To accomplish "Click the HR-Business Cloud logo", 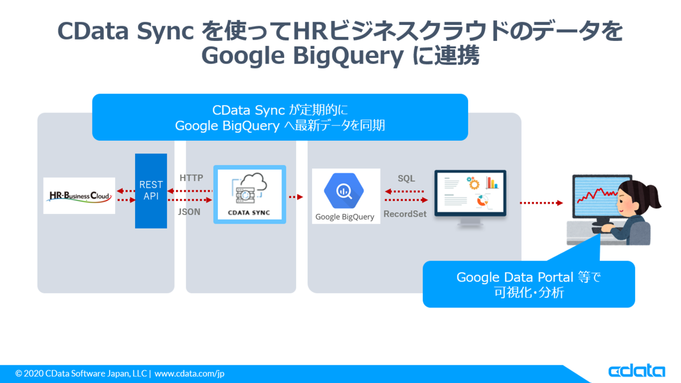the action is pyautogui.click(x=79, y=196).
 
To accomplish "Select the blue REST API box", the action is pyautogui.click(x=151, y=191).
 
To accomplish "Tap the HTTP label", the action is pyautogui.click(x=191, y=178).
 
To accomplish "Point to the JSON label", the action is pyautogui.click(x=189, y=212).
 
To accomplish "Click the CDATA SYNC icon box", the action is pyautogui.click(x=250, y=195).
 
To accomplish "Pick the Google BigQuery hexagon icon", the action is pyautogui.click(x=344, y=191).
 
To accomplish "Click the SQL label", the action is pyautogui.click(x=406, y=178).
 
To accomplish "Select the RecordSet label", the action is pyautogui.click(x=405, y=214).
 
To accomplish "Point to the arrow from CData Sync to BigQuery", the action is pyautogui.click(x=296, y=197).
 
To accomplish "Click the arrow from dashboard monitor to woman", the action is pyautogui.click(x=541, y=203).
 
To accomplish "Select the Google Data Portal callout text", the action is pyautogui.click(x=529, y=285).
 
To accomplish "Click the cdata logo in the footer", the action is pyautogui.click(x=637, y=371).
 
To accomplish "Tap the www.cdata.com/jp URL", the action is pyautogui.click(x=190, y=373).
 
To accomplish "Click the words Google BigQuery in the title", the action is pyautogui.click(x=302, y=56).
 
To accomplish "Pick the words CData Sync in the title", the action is pyautogui.click(x=125, y=32).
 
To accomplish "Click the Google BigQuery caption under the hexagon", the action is pyautogui.click(x=345, y=217).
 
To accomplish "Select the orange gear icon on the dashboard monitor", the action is pyautogui.click(x=473, y=183).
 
